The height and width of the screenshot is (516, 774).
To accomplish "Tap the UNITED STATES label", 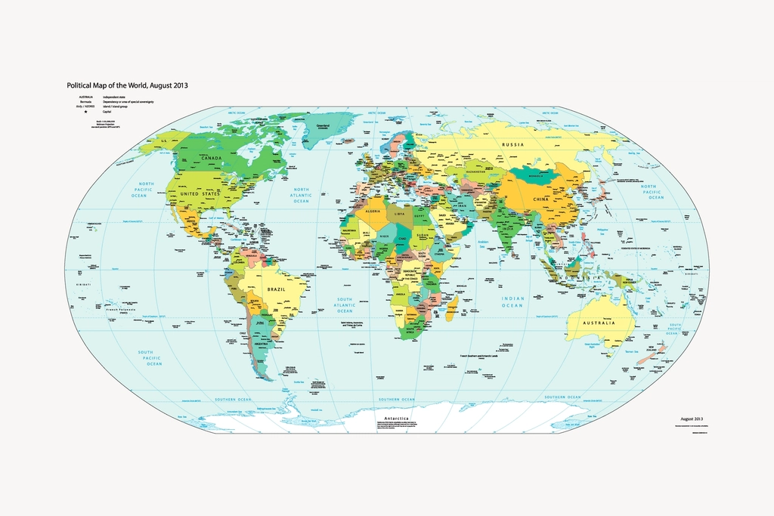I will (x=201, y=194).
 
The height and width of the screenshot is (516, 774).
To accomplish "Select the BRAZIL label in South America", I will (x=275, y=289).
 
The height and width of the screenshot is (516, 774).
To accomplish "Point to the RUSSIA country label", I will (x=513, y=144).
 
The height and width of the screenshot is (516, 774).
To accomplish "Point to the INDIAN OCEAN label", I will (x=512, y=302).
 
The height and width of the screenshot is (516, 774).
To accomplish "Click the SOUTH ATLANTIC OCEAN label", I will (x=345, y=305).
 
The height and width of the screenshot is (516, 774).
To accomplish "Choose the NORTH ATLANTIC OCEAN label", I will (x=302, y=195).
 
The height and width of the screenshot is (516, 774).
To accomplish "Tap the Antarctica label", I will (x=396, y=418).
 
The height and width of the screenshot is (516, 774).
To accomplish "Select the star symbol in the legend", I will (x=85, y=112).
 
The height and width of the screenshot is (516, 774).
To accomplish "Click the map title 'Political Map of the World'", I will (x=127, y=85).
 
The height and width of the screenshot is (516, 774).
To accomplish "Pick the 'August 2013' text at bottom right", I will (x=692, y=418).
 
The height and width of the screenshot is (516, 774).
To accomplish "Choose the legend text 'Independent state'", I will (x=116, y=97).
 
